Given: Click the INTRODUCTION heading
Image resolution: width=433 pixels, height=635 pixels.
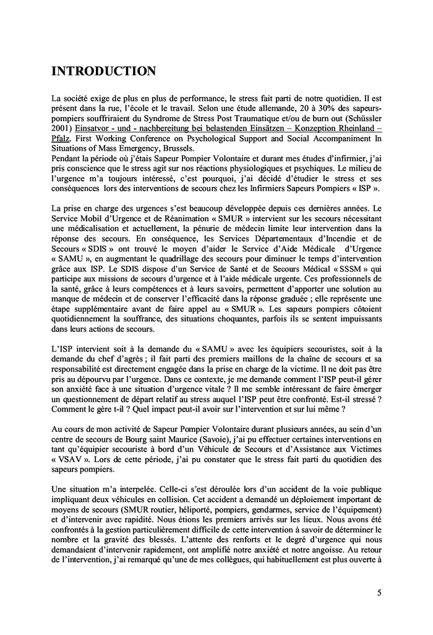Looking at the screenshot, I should (x=103, y=71).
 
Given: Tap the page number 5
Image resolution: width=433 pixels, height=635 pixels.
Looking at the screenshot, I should (x=379, y=594).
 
